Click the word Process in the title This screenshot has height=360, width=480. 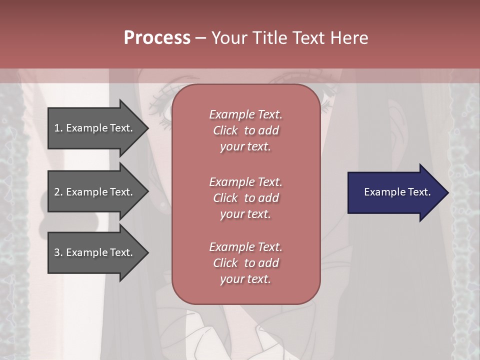[x=157, y=38]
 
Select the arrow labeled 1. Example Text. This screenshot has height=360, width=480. [x=95, y=128]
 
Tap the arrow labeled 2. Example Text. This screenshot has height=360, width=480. [x=95, y=192]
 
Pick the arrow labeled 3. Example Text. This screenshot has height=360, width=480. [x=95, y=252]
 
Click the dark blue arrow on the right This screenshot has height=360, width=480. [x=395, y=192]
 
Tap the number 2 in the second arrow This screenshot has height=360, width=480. [x=57, y=192]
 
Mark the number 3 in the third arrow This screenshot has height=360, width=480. [x=57, y=252]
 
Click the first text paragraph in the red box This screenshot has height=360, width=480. [x=245, y=130]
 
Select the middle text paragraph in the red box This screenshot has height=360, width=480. [x=245, y=197]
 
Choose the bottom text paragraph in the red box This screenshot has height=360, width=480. [x=245, y=263]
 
